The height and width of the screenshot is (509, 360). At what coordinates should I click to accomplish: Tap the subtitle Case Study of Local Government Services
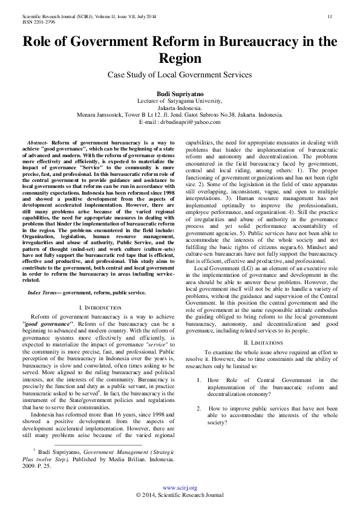[180, 74]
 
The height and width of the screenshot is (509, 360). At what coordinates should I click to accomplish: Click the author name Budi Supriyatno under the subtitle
[180, 95]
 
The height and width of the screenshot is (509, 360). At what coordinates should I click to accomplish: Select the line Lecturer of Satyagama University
[180, 102]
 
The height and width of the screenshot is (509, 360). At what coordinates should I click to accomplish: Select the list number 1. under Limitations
[199, 380]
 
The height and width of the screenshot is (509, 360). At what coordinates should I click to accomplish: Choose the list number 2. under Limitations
[199, 408]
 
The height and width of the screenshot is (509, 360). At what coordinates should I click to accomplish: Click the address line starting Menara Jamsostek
[180, 115]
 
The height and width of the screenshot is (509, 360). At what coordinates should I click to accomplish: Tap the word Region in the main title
[180, 59]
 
